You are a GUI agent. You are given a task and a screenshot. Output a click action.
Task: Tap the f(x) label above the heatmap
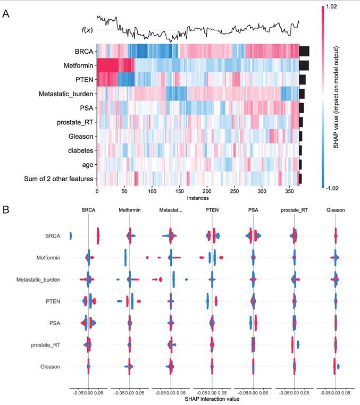coord(87,30)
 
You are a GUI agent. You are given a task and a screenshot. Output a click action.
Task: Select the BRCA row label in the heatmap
coord(85,52)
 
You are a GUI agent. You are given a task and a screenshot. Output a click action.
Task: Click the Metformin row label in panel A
coord(77,65)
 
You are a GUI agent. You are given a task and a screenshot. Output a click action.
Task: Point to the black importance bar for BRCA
coord(304,51)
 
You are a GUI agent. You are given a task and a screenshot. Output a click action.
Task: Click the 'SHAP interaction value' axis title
coord(212,399)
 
